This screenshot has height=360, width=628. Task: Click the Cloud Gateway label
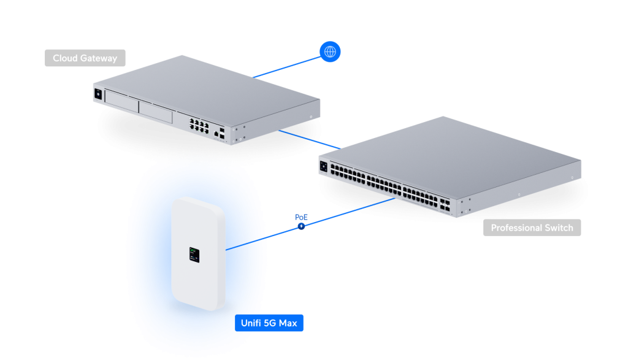[x=85, y=58]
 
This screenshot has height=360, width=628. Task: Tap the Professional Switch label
[x=532, y=228]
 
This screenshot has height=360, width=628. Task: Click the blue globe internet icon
[x=330, y=52]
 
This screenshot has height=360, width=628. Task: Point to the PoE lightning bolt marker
[x=301, y=226]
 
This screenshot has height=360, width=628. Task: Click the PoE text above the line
[x=301, y=217]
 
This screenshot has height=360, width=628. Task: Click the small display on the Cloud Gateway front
[x=97, y=94]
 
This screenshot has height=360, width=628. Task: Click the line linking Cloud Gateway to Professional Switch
[x=310, y=139]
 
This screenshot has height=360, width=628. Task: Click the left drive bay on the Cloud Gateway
[x=121, y=100]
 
